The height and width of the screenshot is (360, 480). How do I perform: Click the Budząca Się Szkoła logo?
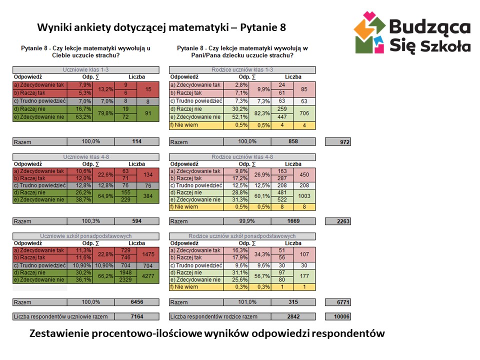click(x=412, y=32)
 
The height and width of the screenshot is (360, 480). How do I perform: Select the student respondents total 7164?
click(x=137, y=316)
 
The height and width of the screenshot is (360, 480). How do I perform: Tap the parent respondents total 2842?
click(x=293, y=316)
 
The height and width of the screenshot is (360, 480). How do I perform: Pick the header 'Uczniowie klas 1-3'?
click(x=86, y=70)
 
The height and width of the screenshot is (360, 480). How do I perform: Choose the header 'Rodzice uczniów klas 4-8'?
click(x=242, y=157)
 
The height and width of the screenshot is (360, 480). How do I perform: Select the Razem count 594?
click(x=137, y=221)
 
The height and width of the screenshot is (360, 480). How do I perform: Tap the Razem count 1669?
click(x=293, y=221)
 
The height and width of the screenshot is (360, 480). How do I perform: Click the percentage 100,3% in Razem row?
click(x=91, y=220)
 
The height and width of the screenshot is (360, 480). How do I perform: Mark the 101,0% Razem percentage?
click(x=247, y=302)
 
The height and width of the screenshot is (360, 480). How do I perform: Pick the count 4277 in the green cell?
click(x=148, y=276)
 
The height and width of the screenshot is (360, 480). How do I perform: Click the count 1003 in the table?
click(x=304, y=196)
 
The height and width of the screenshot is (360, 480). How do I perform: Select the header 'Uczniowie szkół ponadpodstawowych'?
click(x=86, y=236)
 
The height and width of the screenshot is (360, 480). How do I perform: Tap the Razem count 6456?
click(x=137, y=302)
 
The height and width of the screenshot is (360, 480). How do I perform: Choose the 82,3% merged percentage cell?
click(x=260, y=113)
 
